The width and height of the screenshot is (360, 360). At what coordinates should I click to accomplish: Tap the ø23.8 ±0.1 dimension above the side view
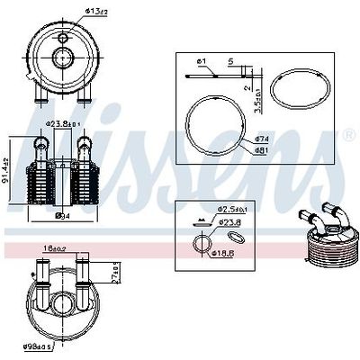[x=66, y=125]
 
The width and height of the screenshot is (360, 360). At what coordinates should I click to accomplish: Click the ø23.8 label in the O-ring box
[x=230, y=220]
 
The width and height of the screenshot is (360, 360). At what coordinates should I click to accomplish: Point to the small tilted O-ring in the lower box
[x=236, y=237]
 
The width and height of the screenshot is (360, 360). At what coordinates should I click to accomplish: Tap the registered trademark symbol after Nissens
[x=349, y=135]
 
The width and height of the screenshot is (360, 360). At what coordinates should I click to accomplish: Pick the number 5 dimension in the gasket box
[x=230, y=61]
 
